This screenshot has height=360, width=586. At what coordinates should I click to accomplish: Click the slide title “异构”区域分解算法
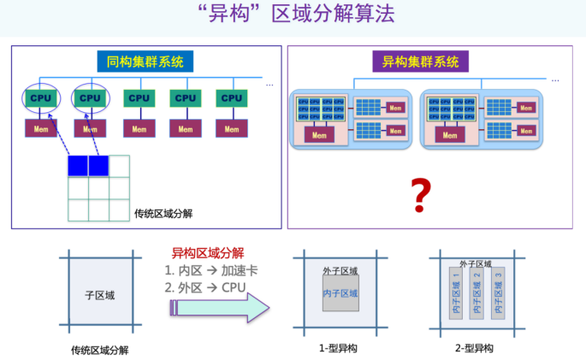point(292,16)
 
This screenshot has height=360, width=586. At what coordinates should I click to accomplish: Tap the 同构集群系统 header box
point(145,62)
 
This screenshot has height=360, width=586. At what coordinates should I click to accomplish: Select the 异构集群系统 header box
point(420,62)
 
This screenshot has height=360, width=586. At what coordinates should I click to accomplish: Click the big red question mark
point(419,196)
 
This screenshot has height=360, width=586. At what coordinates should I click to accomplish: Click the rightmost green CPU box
point(232,98)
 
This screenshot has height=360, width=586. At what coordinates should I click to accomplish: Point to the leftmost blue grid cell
point(78,166)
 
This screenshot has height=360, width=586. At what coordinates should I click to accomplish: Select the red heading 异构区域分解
point(208,254)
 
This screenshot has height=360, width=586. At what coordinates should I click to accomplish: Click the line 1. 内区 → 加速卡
point(210,270)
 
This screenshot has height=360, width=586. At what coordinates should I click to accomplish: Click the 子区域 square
point(99,295)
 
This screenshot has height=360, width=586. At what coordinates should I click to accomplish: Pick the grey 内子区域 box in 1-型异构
point(340,294)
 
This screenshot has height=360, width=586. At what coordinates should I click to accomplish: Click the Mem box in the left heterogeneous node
point(318,135)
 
